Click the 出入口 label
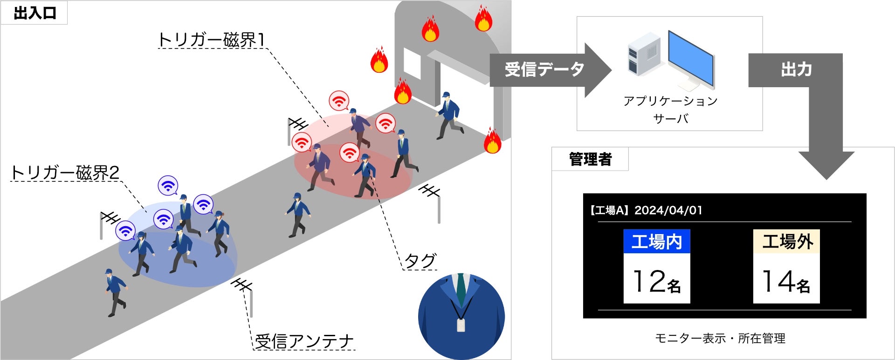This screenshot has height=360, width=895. [35, 13]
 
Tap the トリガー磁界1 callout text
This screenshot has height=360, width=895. [212, 40]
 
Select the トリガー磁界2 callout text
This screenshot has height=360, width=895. [65, 173]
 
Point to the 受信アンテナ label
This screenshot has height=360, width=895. [304, 341]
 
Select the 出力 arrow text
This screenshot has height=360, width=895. [796, 70]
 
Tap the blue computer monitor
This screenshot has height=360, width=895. [691, 57]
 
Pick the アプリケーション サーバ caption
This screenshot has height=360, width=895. [670, 110]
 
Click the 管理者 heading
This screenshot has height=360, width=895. [590, 159]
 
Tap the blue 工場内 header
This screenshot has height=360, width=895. [657, 242]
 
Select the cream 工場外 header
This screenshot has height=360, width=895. [787, 242]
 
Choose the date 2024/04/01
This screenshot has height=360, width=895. [668, 210]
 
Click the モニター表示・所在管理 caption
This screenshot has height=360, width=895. [720, 339]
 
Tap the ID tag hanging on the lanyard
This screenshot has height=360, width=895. [461, 325]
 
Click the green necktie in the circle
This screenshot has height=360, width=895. [461, 289]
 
